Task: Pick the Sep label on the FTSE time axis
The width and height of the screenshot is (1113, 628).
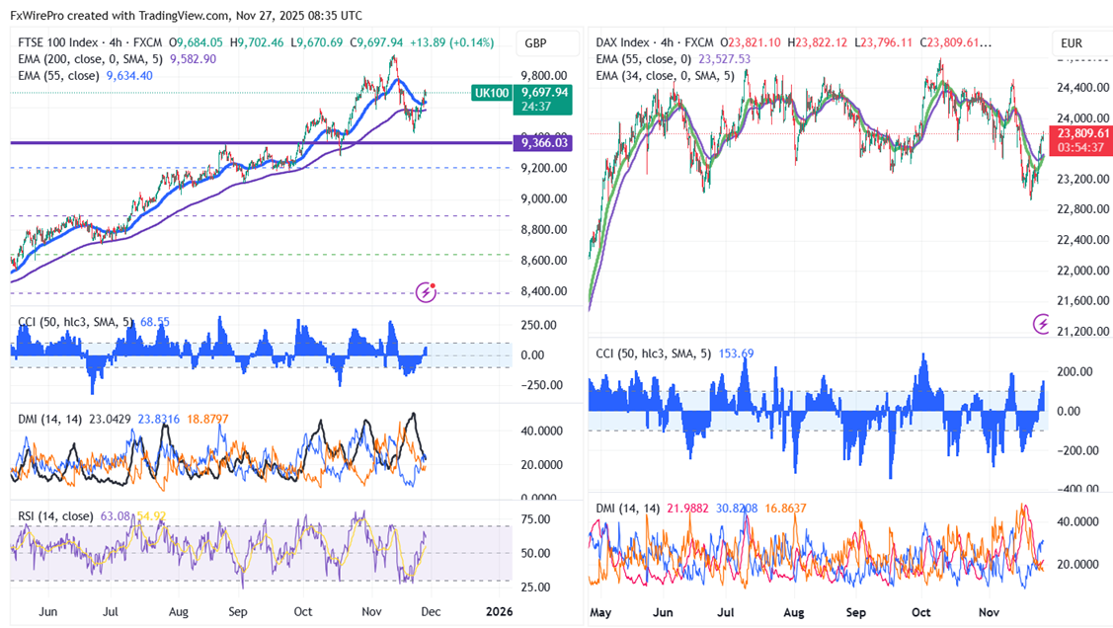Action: coord(237,611)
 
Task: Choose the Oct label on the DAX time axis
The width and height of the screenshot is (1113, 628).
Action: coord(920,613)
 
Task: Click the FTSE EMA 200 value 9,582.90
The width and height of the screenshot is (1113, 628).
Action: coord(194,59)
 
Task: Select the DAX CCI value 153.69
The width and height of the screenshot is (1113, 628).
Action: coord(734,353)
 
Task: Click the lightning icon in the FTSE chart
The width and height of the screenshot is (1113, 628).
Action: coord(427,291)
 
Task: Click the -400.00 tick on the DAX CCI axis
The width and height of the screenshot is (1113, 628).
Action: coord(1078,489)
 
